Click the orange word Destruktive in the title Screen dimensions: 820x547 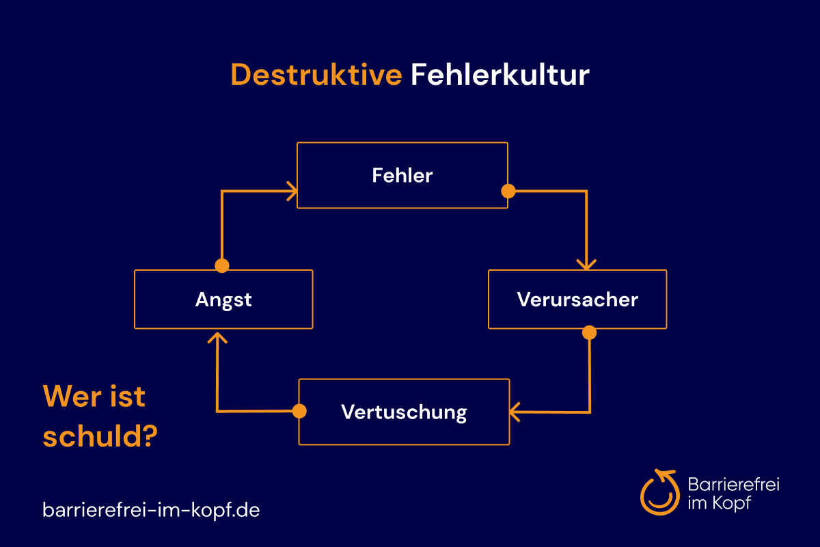tap(316, 75)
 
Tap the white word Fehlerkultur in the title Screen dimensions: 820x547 tap(500, 75)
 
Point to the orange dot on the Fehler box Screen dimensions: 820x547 tap(508, 191)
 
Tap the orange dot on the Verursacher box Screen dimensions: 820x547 tap(589, 333)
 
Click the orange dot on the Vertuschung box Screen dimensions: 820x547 tap(299, 411)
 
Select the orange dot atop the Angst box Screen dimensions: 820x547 tap(222, 265)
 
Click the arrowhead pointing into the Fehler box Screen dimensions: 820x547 tap(292, 191)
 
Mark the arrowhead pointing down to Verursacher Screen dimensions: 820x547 tap(586, 265)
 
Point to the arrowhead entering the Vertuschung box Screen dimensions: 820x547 tap(515, 412)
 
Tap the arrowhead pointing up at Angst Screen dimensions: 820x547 tap(217, 338)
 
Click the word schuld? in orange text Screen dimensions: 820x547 tap(100, 436)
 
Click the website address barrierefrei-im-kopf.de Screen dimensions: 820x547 tap(151, 509)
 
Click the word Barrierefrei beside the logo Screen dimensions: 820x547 tap(734, 484)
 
